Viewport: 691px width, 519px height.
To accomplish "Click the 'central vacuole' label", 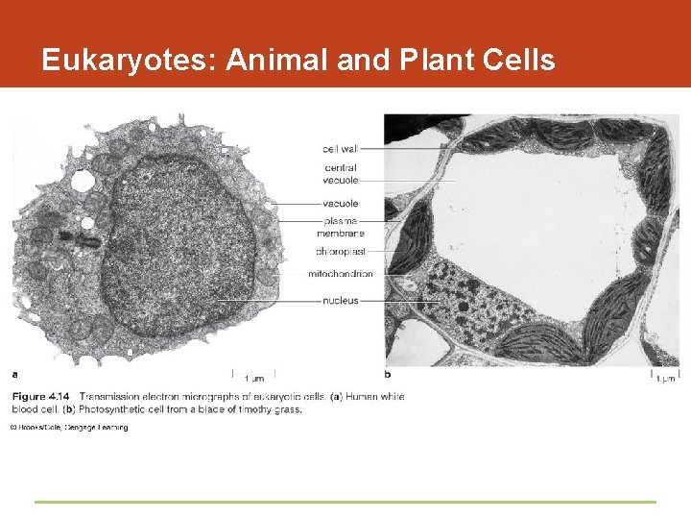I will pyautogui.click(x=341, y=174).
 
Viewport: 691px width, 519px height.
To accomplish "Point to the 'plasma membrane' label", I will pyautogui.click(x=341, y=227).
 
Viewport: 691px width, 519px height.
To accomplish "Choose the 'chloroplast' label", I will pyautogui.click(x=341, y=252).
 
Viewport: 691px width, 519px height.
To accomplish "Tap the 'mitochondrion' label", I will pyautogui.click(x=340, y=275).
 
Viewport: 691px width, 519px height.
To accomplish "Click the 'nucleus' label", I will pyautogui.click(x=341, y=301).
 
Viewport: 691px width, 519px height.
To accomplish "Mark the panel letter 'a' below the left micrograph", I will pyautogui.click(x=14, y=374).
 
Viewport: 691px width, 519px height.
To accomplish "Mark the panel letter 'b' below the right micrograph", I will pyautogui.click(x=388, y=374).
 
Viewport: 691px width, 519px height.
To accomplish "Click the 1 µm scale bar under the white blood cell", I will pyautogui.click(x=254, y=375).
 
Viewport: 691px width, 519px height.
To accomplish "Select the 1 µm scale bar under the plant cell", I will pyautogui.click(x=665, y=376).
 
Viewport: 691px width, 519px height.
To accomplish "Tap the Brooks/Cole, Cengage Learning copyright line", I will pyautogui.click(x=69, y=428).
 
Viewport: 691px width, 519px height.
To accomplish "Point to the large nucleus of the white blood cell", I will pyautogui.click(x=178, y=250).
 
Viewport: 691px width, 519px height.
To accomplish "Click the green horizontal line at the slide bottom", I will pyautogui.click(x=345, y=502).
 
